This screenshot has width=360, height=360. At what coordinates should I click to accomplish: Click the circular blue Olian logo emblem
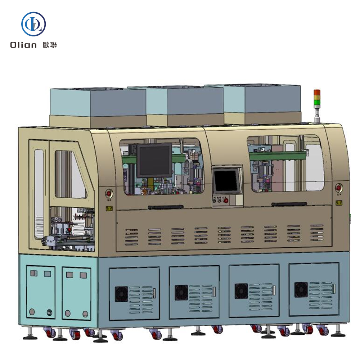tap(33, 24)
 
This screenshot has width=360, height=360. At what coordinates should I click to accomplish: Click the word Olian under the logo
tap(23, 45)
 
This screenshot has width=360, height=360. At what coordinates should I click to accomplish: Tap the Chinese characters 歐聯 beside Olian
tap(50, 45)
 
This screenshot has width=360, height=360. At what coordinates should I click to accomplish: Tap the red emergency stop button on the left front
tap(109, 194)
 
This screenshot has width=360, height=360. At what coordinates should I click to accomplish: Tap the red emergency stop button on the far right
tap(338, 188)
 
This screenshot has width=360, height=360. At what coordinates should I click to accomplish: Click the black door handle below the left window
tap(165, 207)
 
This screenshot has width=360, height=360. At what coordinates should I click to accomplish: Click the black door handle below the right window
tap(289, 204)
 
